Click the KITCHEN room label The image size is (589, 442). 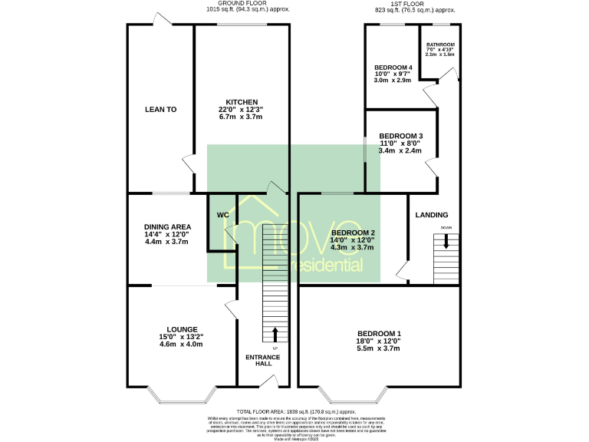coord(241,102)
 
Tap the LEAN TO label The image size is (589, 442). coord(160,110)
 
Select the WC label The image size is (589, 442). coord(223,215)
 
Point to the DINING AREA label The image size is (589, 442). coord(166,226)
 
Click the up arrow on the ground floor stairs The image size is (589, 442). coord(275,335)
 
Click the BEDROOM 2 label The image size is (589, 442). coord(352,233)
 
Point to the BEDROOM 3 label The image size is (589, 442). coord(400,136)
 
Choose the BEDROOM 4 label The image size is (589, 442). coord(393,68)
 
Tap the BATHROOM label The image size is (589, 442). coord(440,45)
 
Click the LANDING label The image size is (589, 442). coord(432,215)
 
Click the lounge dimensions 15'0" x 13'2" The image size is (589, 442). coord(182,336)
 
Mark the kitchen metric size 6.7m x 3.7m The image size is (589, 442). coord(241,117)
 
